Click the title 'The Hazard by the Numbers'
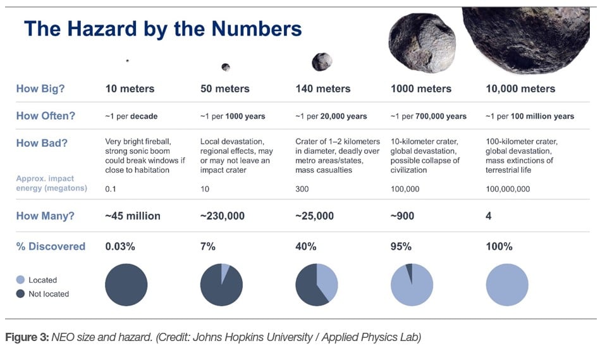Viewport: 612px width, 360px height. pyautogui.click(x=162, y=29)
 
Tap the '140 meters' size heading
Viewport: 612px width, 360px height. pyautogui.click(x=322, y=89)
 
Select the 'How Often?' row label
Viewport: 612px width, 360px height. pyautogui.click(x=46, y=116)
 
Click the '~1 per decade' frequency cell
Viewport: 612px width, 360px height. pyautogui.click(x=131, y=116)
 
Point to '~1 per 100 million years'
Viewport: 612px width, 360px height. pyautogui.click(x=530, y=116)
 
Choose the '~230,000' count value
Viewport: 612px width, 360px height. pyautogui.click(x=222, y=216)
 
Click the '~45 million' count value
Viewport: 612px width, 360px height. pyautogui.click(x=132, y=216)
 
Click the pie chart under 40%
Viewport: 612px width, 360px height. pyautogui.click(x=317, y=285)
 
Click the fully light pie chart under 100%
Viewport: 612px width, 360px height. pyautogui.click(x=507, y=285)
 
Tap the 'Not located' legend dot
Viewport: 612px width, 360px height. pyautogui.click(x=20, y=294)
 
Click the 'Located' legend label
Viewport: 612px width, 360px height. pyautogui.click(x=42, y=280)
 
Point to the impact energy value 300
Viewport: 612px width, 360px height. pyautogui.click(x=303, y=189)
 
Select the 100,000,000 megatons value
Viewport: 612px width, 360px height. pyautogui.click(x=508, y=189)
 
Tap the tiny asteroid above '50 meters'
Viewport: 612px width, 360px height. pyautogui.click(x=225, y=67)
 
